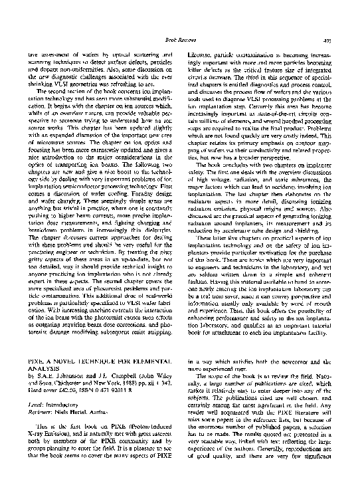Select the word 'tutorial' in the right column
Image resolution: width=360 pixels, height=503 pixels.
[x=330, y=322]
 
